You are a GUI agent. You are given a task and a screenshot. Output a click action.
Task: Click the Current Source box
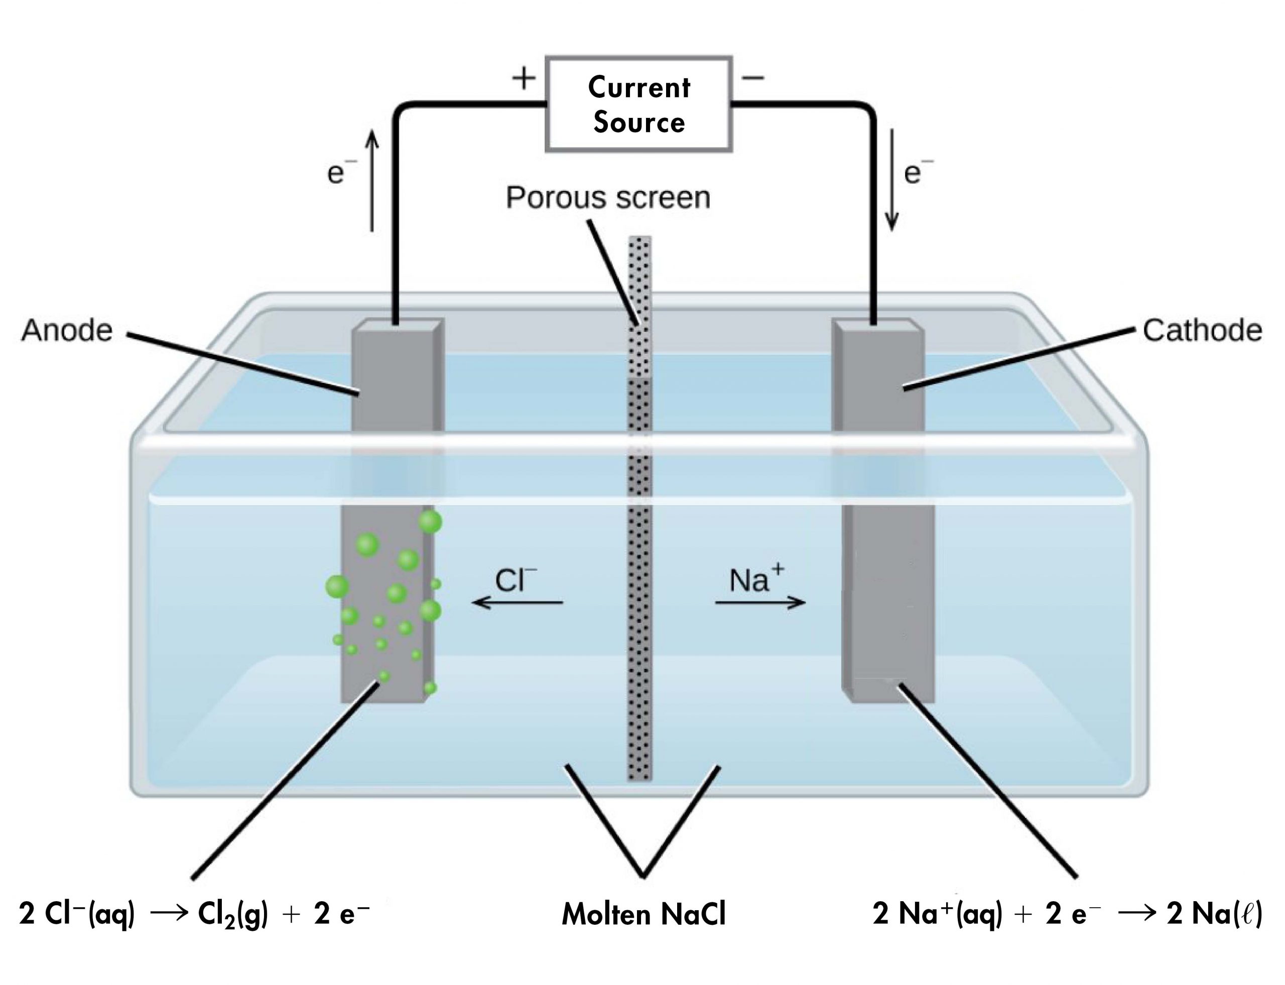click(x=638, y=104)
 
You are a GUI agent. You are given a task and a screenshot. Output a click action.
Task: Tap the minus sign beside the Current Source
click(x=753, y=77)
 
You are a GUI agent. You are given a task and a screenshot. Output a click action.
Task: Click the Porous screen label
click(x=607, y=198)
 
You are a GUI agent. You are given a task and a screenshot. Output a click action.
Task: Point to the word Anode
click(x=67, y=330)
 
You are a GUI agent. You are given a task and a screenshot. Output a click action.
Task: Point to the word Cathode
click(x=1202, y=331)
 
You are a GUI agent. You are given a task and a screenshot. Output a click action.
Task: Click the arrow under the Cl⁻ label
click(x=518, y=602)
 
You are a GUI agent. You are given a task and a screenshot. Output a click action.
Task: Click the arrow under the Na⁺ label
click(x=760, y=602)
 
